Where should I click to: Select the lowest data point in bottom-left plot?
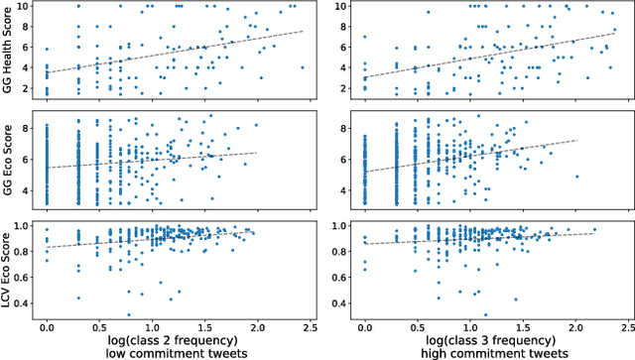(129, 314)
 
